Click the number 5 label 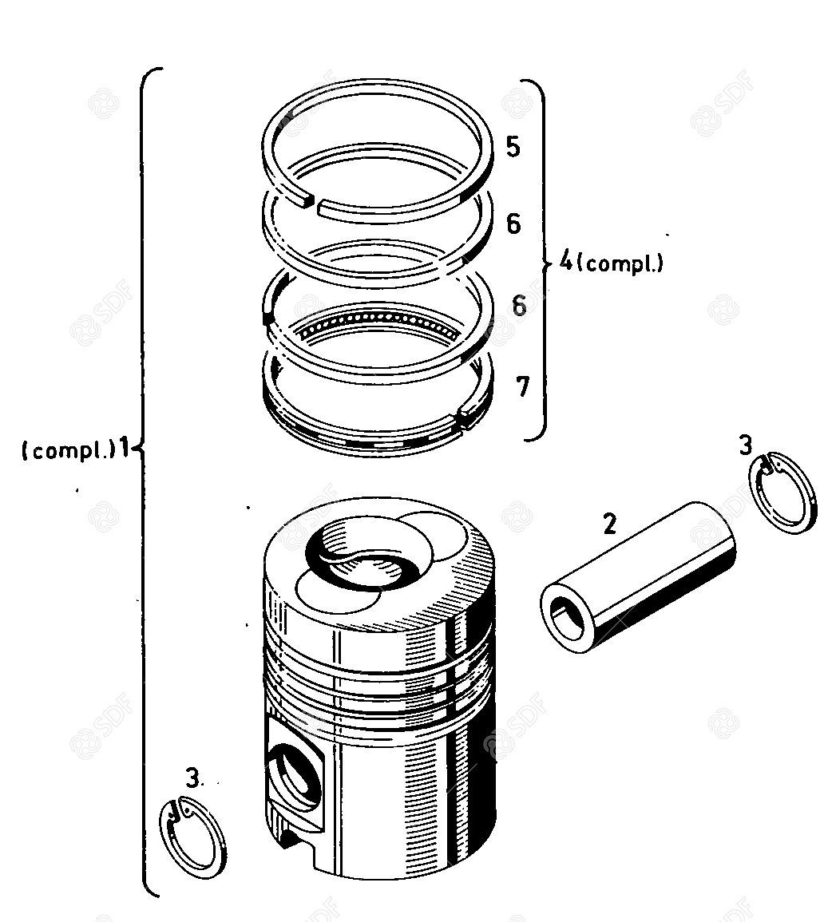pyautogui.click(x=513, y=146)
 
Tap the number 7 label pyautogui.click(x=522, y=386)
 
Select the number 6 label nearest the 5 pyautogui.click(x=514, y=224)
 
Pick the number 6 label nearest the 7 pyautogui.click(x=519, y=305)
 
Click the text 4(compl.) pyautogui.click(x=611, y=263)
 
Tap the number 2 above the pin pyautogui.click(x=610, y=524)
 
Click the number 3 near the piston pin pyautogui.click(x=745, y=445)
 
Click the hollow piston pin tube pyautogui.click(x=639, y=577)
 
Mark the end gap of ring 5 pyautogui.click(x=312, y=204)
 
